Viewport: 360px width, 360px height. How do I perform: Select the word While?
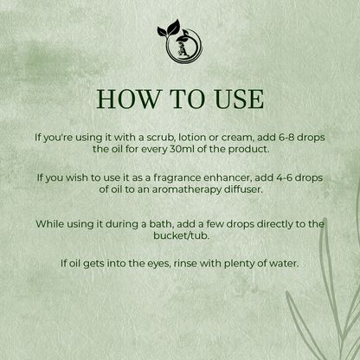pos(51,223)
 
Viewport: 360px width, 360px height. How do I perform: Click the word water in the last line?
pos(281,263)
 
